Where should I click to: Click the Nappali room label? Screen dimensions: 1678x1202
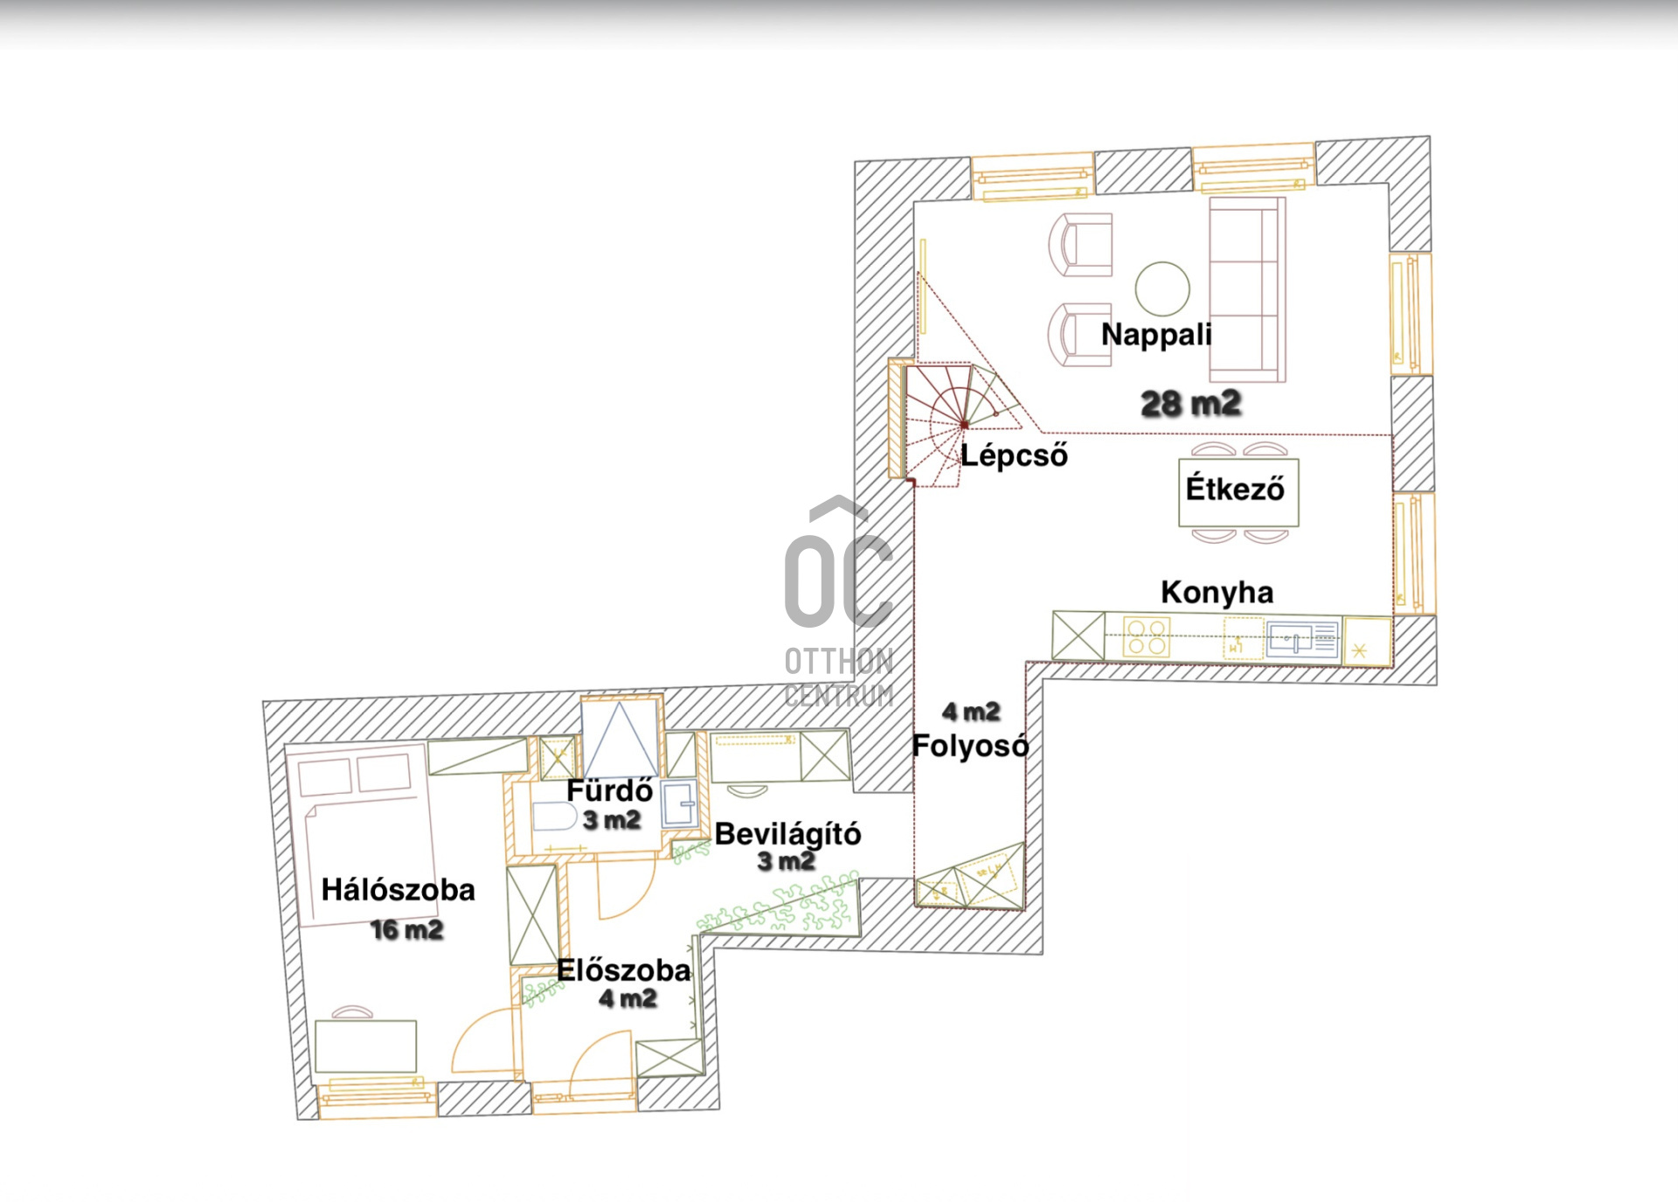coord(1156,334)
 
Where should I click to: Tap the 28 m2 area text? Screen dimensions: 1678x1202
coord(1191,403)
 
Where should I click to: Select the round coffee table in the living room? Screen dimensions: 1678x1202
coord(1162,288)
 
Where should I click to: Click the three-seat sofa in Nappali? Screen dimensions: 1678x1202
coord(1247,289)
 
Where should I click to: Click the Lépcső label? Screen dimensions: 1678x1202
coord(1014,455)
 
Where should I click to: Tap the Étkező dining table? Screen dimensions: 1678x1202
coord(1238,491)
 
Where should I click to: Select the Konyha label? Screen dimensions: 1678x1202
coord(1217,592)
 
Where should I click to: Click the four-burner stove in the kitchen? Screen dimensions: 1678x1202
coord(1147,637)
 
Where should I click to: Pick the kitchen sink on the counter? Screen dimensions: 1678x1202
coord(1302,639)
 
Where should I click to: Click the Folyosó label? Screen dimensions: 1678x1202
coord(970,746)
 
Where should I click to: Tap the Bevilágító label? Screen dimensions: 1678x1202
coord(787,834)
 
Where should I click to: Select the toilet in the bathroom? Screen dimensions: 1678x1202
coord(553,817)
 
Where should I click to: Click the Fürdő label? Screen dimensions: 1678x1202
coord(610,790)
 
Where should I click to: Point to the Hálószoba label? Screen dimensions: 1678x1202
coord(398,890)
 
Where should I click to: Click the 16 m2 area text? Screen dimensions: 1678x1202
coord(406,929)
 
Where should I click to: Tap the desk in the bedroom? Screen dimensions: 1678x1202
coord(365,1046)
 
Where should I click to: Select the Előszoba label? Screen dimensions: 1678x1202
coord(623,970)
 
